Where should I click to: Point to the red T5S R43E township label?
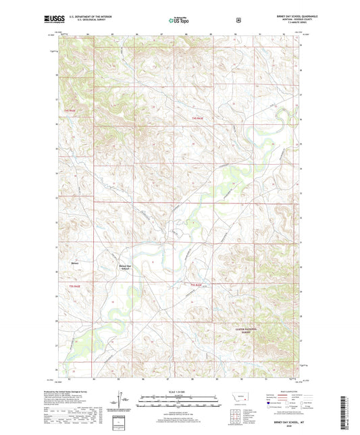(x=196, y=286)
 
